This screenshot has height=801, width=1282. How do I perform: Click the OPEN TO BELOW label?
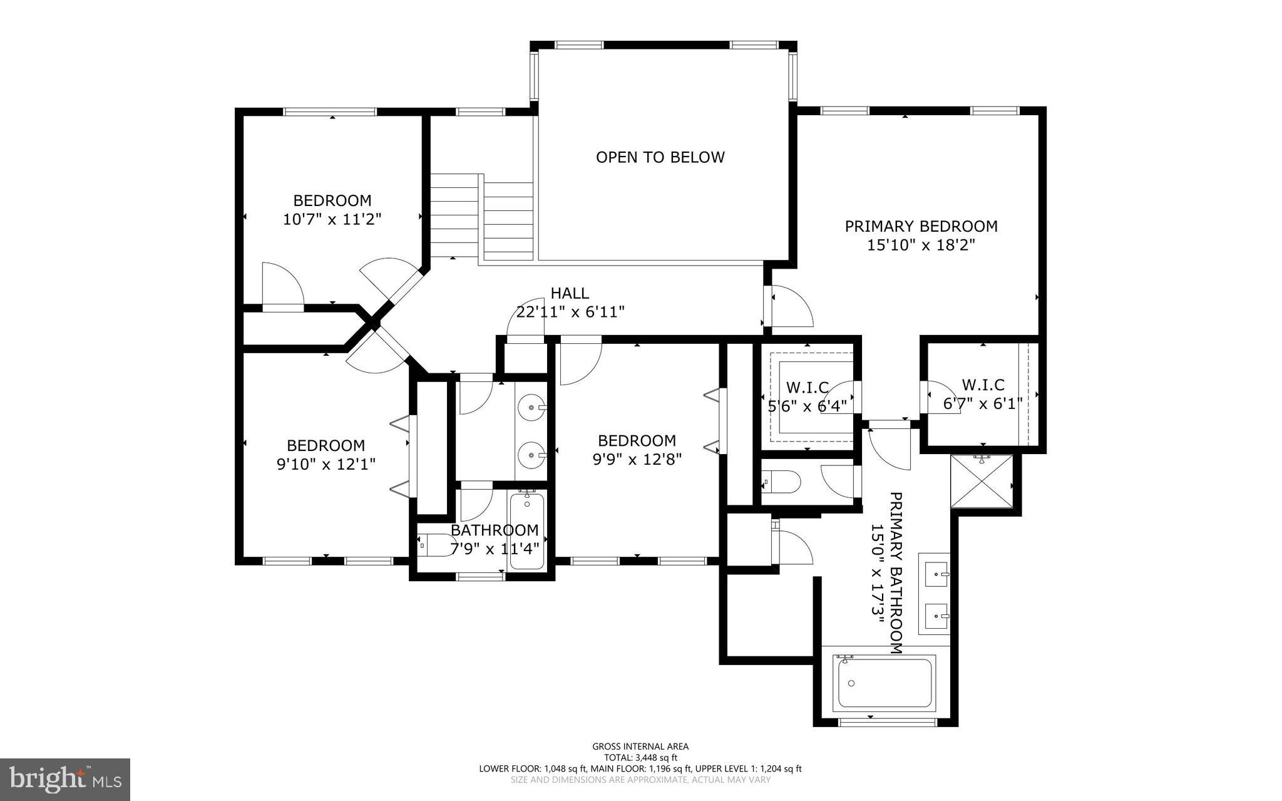[x=660, y=157]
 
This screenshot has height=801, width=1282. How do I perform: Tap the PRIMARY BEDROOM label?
[x=921, y=226]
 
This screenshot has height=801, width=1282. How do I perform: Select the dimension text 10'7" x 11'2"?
[x=332, y=219]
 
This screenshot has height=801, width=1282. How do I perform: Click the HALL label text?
[x=570, y=293]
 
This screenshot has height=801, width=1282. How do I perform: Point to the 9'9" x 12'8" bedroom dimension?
[x=637, y=460]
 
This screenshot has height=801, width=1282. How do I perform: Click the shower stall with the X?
[x=981, y=482]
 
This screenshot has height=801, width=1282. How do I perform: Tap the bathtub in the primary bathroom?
[x=884, y=683]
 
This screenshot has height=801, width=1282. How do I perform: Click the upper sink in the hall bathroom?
[x=531, y=407]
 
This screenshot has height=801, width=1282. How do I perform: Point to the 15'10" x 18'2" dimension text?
[x=921, y=245]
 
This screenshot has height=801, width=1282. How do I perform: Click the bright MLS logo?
[x=65, y=779]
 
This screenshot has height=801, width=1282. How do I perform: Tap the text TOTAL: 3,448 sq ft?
[x=640, y=758]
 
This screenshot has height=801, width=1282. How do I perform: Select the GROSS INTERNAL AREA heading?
[x=640, y=747]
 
